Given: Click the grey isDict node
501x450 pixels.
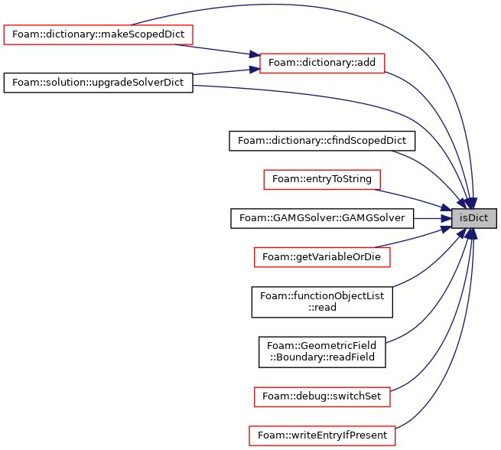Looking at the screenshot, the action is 473,219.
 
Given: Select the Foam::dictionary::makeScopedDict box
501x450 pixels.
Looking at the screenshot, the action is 98,34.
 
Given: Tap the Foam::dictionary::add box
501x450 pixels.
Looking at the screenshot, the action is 322,63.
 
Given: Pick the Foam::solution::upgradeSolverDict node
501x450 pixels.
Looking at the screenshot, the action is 98,83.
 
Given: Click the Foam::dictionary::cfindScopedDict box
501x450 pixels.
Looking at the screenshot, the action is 322,141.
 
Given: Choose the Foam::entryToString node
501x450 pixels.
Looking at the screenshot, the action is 322,180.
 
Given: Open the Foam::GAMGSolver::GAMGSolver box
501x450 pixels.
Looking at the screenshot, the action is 322,219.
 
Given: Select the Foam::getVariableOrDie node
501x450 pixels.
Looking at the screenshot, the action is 322,257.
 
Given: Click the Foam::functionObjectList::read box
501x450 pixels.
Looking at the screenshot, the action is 322,302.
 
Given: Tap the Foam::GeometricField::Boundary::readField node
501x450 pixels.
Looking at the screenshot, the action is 322,352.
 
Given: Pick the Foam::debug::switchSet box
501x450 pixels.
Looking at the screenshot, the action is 322,397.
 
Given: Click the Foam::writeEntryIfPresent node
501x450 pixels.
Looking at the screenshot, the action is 322,435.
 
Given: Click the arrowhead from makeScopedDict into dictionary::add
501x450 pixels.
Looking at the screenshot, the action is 255,54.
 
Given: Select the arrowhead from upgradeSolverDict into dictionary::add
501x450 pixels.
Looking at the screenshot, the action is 255,70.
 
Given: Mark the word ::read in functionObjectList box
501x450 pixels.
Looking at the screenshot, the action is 322,308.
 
